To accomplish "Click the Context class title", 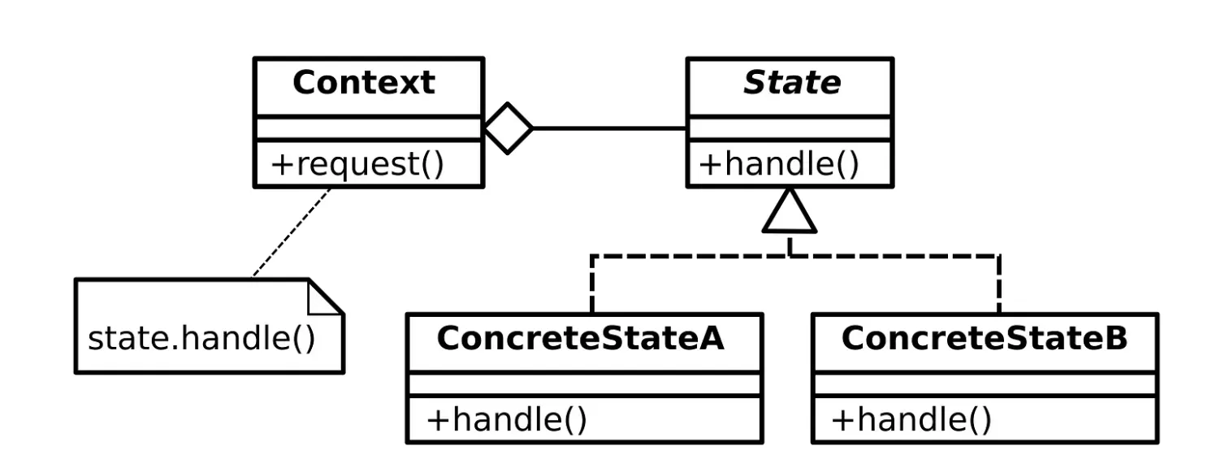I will tap(363, 84).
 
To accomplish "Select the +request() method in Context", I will tap(357, 164).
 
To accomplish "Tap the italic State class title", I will tap(791, 84).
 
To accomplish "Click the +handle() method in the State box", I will tap(778, 164).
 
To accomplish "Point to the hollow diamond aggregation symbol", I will tap(509, 128).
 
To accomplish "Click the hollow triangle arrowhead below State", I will tap(789, 212).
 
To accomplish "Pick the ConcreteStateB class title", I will tap(984, 339).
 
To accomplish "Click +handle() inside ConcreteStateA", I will tap(506, 420).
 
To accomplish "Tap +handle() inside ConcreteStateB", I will tap(911, 420).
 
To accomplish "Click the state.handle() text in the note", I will tap(201, 338).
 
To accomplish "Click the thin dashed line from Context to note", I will tap(292, 232).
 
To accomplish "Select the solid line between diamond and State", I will tap(609, 128).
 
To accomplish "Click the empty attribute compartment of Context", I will tap(369, 128).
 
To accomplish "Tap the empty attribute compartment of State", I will tap(790, 128).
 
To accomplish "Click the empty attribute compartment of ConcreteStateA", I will tap(584, 384).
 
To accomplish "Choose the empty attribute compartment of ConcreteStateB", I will tap(984, 384).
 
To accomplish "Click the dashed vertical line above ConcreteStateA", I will tap(593, 284).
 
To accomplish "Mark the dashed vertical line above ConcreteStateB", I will tap(998, 284).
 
